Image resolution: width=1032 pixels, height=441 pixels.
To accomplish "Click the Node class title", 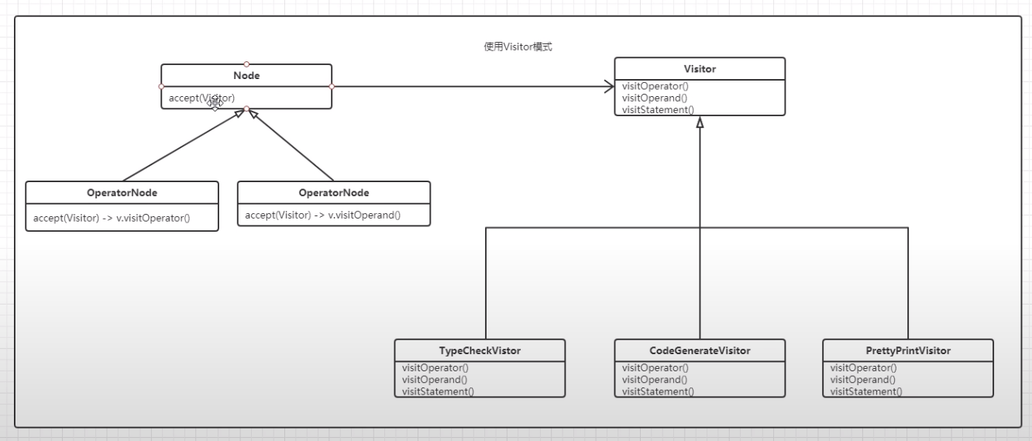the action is pyautogui.click(x=246, y=76).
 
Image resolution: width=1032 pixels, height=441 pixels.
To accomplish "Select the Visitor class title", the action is pyautogui.click(x=700, y=69).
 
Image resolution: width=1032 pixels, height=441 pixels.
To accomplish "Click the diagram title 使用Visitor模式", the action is pyautogui.click(x=518, y=47).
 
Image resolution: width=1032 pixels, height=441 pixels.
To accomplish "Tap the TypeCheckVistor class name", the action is pyautogui.click(x=480, y=350).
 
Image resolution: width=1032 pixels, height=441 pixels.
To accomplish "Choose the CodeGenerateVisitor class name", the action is pyautogui.click(x=700, y=350).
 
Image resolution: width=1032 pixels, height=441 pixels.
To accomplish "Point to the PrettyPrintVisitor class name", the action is pyautogui.click(x=908, y=350).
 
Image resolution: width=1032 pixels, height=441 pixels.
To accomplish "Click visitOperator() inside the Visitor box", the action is pyautogui.click(x=655, y=86).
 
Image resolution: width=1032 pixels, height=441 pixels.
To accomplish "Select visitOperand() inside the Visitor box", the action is pyautogui.click(x=655, y=98).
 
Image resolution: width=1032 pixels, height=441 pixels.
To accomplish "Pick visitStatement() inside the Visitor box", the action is pyautogui.click(x=658, y=110).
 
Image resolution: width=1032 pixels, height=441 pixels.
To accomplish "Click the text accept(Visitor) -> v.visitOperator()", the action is pyautogui.click(x=112, y=218).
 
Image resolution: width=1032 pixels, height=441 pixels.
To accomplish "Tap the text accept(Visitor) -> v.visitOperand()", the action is pyautogui.click(x=323, y=215).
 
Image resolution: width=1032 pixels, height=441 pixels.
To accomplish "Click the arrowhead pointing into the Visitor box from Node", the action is pyautogui.click(x=609, y=86).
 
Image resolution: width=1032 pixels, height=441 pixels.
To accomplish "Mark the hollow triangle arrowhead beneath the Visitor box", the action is pyautogui.click(x=700, y=122).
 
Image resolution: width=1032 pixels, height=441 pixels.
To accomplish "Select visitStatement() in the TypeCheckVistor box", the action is pyautogui.click(x=439, y=391).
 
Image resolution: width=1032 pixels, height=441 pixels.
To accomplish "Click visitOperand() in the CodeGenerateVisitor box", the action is pyautogui.click(x=655, y=380).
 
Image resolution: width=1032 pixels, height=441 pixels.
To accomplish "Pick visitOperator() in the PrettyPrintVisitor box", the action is pyautogui.click(x=863, y=367).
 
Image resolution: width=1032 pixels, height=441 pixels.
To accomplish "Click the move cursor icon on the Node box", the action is pyautogui.click(x=215, y=103).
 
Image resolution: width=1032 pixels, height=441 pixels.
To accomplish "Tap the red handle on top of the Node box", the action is pyautogui.click(x=246, y=64).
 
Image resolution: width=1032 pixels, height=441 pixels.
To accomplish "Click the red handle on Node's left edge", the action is pyautogui.click(x=161, y=87).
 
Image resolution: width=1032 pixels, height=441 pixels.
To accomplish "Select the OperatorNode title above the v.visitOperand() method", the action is pyautogui.click(x=334, y=193).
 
